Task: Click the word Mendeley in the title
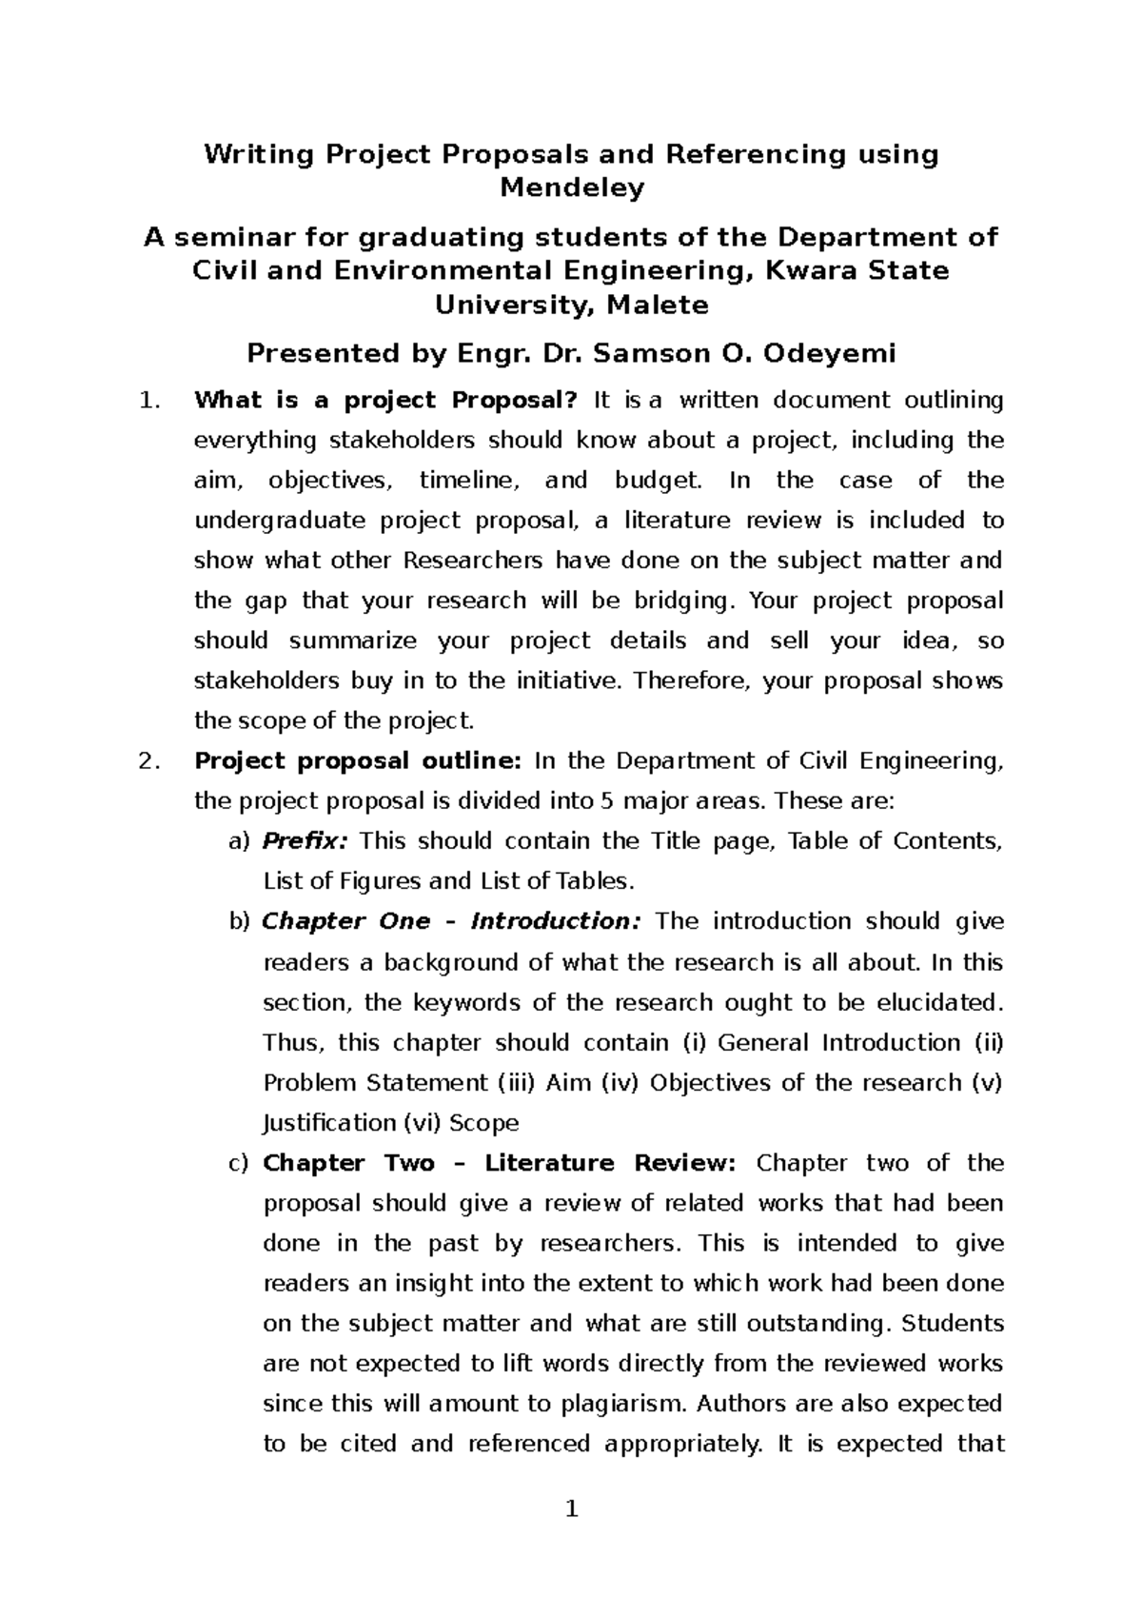tap(572, 188)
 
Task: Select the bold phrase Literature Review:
tap(609, 1163)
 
